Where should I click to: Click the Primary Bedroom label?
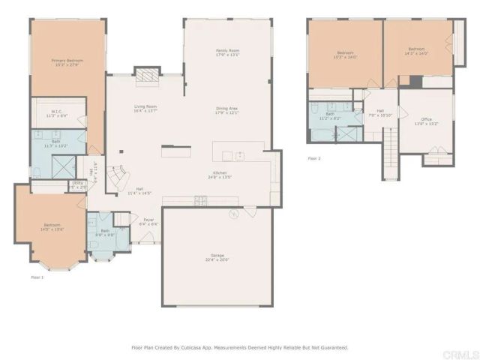click(67, 62)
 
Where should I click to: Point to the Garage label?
click(217, 257)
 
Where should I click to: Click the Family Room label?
click(227, 52)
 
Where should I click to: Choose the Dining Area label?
click(227, 110)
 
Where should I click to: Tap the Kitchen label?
click(217, 175)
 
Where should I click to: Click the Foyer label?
click(148, 222)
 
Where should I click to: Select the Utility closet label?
click(78, 184)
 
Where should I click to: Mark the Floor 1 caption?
click(37, 277)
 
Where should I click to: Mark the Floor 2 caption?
click(314, 159)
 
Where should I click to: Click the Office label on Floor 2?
click(426, 121)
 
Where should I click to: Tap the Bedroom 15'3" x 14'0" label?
click(345, 55)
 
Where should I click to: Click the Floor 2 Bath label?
click(330, 116)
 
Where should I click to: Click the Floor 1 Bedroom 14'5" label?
click(52, 227)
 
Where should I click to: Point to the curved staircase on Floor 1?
click(116, 178)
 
